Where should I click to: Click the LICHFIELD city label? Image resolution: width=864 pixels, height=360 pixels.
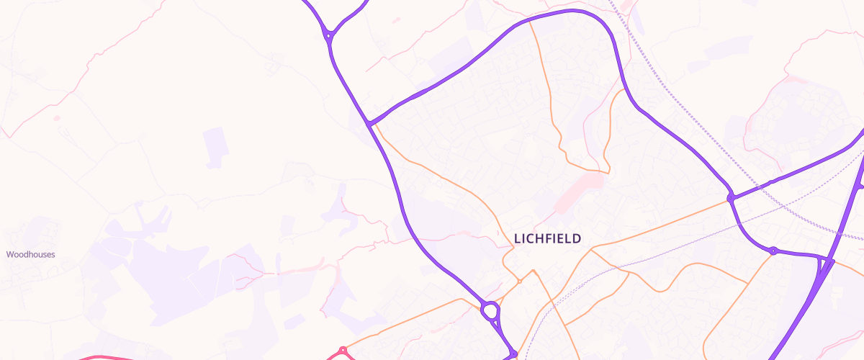(x=547, y=238)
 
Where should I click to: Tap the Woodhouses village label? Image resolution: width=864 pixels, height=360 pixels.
(x=31, y=254)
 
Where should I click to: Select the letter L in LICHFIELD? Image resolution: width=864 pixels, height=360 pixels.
(x=517, y=238)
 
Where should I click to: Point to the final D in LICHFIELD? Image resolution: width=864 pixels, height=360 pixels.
(x=577, y=238)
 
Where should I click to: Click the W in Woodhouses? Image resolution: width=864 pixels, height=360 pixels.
(x=10, y=254)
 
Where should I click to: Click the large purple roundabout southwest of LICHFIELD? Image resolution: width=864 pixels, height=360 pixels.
(x=490, y=312)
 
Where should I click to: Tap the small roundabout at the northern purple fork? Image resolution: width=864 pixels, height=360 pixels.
(x=328, y=34)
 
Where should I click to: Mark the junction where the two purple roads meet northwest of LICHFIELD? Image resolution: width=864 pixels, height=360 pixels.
(x=370, y=123)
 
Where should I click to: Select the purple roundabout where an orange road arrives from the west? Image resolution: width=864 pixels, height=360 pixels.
(x=731, y=197)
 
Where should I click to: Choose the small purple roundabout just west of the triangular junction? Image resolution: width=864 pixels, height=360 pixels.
(x=773, y=251)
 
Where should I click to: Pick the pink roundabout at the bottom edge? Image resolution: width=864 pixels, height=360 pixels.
(x=343, y=351)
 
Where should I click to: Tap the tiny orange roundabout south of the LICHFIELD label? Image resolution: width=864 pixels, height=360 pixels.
(x=519, y=282)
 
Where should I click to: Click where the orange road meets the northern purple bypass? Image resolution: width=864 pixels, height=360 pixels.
(x=530, y=21)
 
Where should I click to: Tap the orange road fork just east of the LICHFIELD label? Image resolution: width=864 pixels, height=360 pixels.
(x=592, y=250)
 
